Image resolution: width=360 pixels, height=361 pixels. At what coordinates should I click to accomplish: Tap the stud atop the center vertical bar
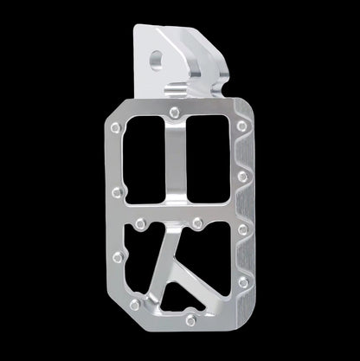[x=176, y=112]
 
